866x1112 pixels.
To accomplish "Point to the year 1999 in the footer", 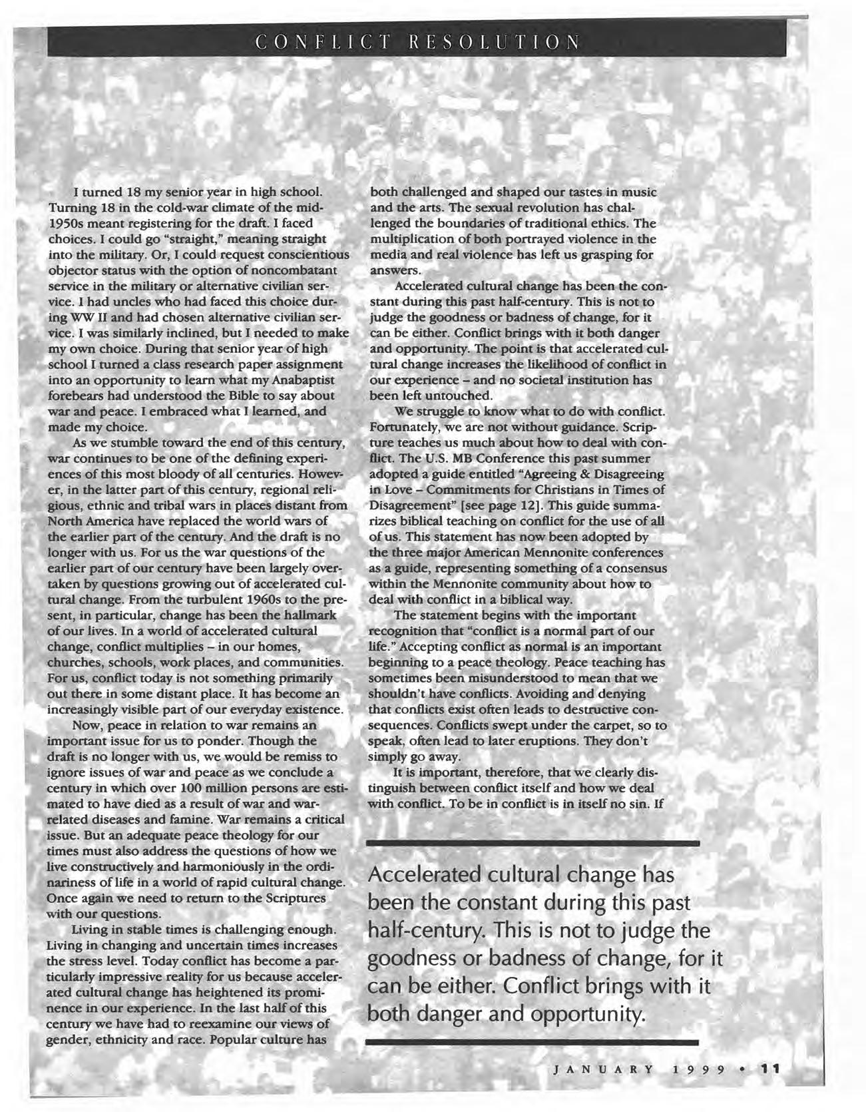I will (x=698, y=1070).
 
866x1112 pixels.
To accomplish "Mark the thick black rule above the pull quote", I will (x=533, y=843).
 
